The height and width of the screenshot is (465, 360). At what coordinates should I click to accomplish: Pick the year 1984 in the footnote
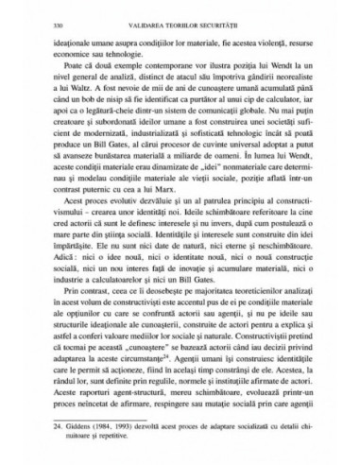[108, 426]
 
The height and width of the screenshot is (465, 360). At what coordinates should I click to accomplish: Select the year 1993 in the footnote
[129, 426]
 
